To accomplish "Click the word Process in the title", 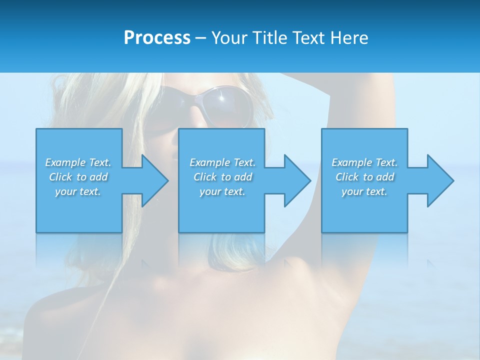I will tap(157, 37).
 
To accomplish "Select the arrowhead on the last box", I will tap(439, 180).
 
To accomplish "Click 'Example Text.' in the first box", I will tap(78, 162).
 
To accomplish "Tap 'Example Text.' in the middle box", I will tap(222, 162).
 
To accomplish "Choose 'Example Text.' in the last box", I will tap(364, 162).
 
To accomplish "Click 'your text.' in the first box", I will tap(78, 191).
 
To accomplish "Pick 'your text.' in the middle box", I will tap(222, 191).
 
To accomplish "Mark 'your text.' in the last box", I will tap(364, 191).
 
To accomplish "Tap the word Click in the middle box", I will tap(204, 177).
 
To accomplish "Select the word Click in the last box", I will tap(347, 177).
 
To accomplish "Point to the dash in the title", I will tap(200, 38).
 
